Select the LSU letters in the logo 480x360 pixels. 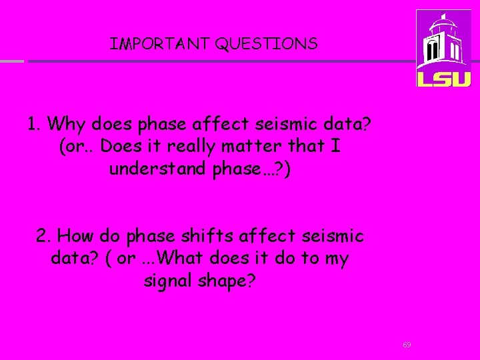[443, 78]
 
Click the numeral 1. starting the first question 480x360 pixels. [35, 124]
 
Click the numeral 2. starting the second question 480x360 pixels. [44, 236]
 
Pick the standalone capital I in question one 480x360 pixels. [335, 146]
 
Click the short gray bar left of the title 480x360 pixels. [11, 61]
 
